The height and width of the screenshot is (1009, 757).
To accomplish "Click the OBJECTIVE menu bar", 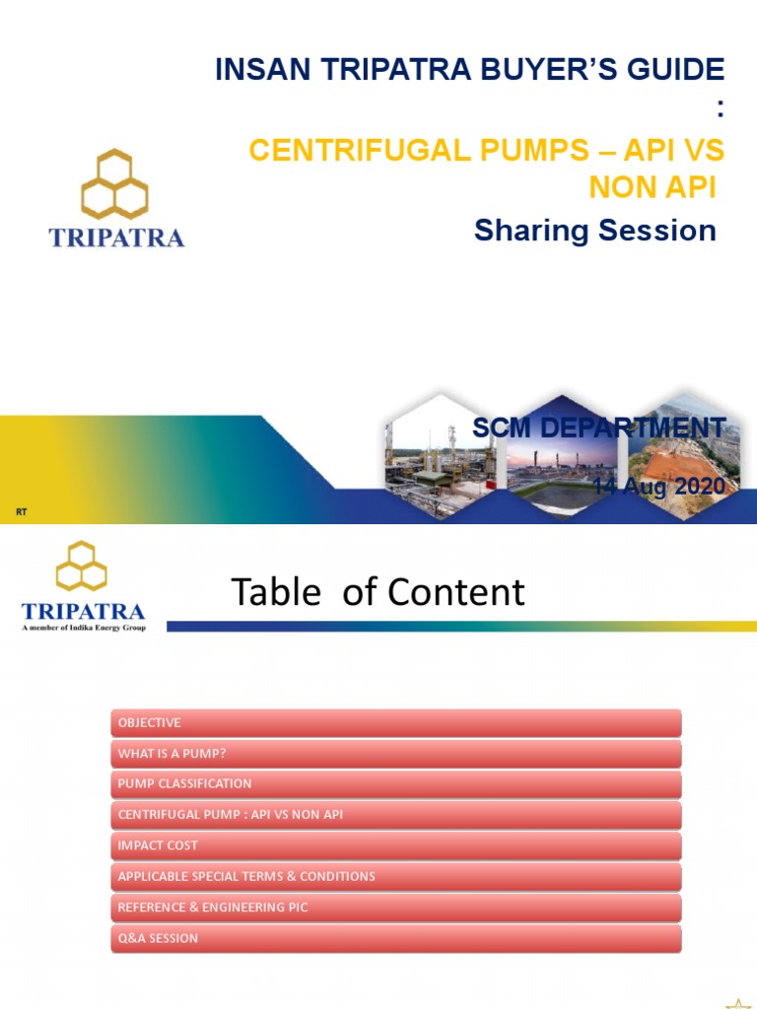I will [x=394, y=723].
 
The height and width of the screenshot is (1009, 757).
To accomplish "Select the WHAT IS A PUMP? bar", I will [x=394, y=754].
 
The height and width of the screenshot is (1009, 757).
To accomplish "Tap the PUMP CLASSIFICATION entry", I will [x=394, y=784].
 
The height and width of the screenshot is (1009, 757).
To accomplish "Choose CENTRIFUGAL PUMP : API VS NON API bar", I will [x=394, y=815].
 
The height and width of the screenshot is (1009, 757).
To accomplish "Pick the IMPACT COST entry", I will [x=394, y=845].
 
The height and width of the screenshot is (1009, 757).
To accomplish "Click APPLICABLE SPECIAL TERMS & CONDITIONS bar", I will [x=394, y=876].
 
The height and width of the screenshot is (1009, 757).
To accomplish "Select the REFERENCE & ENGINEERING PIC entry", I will [x=394, y=907].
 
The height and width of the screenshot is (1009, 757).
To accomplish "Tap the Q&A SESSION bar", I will [x=394, y=938].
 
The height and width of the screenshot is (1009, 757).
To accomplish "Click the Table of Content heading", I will [x=378, y=592].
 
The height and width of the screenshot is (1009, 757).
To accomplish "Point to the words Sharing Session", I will [x=594, y=231].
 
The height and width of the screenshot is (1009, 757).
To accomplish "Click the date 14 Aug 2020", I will [x=658, y=486].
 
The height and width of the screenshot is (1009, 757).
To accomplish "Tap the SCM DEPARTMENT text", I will [x=598, y=428].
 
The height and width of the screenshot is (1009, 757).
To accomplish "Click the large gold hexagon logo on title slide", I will [x=114, y=183].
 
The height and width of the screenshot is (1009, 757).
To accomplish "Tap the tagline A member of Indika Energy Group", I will [x=83, y=628].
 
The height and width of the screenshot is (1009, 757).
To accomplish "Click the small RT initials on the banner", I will [x=21, y=512].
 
